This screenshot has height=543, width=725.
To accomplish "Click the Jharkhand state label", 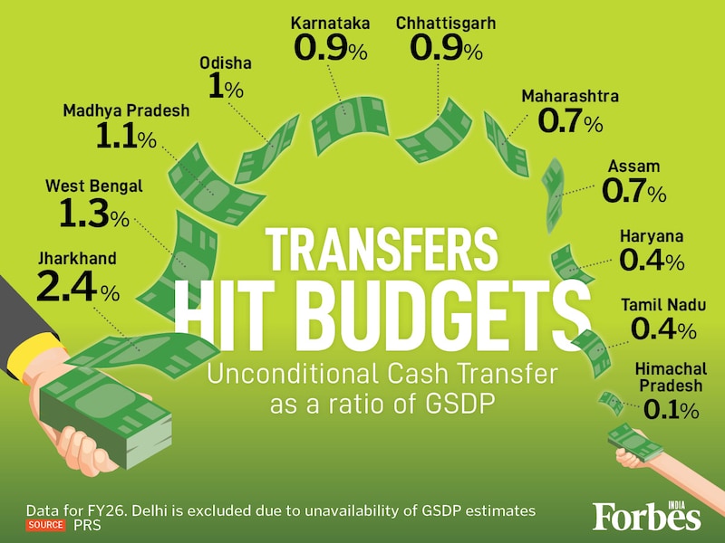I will pyautogui.click(x=76, y=259).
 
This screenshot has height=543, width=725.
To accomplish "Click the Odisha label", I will pyautogui.click(x=224, y=63).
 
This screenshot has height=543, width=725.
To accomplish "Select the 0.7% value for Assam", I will pyautogui.click(x=633, y=192).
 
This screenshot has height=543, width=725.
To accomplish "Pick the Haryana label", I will pyautogui.click(x=651, y=236).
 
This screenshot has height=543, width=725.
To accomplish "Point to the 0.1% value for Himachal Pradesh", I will pyautogui.click(x=671, y=410).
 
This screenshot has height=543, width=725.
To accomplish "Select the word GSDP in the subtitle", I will pyautogui.click(x=458, y=405).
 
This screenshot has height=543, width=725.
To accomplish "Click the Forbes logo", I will pyautogui.click(x=646, y=516).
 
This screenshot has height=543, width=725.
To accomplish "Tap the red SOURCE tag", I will pyautogui.click(x=45, y=524).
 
